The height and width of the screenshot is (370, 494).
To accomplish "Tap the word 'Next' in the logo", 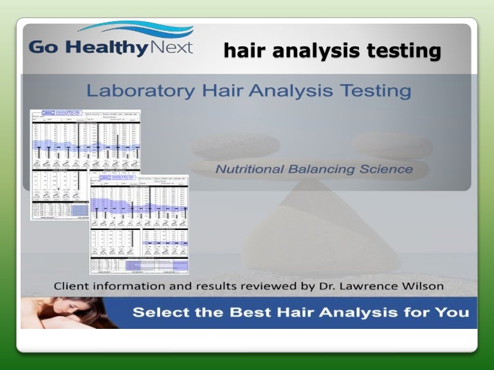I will (170, 48).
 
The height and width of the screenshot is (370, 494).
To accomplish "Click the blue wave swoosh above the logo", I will (135, 30).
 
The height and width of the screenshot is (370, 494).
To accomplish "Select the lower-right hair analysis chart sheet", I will (140, 225).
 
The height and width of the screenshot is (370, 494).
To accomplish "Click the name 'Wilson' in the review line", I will (422, 286).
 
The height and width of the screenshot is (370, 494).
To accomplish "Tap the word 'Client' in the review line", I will (71, 286).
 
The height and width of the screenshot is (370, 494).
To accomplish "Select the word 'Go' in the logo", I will (44, 49).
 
